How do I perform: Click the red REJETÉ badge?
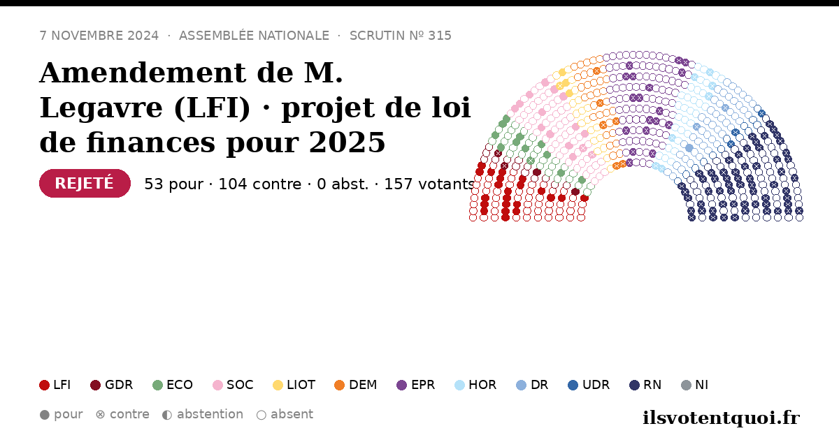tap(85, 183)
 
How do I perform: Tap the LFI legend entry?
tap(55, 385)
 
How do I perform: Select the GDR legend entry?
tap(112, 385)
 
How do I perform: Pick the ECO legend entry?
tap(173, 385)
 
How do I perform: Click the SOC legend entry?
tap(233, 385)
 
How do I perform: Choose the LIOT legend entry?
tap(294, 385)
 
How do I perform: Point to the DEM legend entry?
tap(355, 385)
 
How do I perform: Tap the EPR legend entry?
tap(416, 385)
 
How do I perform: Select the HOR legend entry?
tap(475, 385)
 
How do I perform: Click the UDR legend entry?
tap(589, 385)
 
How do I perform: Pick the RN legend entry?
tap(645, 385)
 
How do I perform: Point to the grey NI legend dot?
tap(686, 385)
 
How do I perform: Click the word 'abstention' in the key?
tap(210, 415)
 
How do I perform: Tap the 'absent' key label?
tap(292, 415)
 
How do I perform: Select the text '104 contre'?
tap(260, 184)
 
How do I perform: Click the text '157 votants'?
tap(429, 184)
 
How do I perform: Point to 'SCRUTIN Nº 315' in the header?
tap(401, 36)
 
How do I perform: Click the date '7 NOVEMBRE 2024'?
tap(99, 36)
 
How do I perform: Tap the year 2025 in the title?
tap(347, 142)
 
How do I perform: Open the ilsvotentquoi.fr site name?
tap(722, 418)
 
